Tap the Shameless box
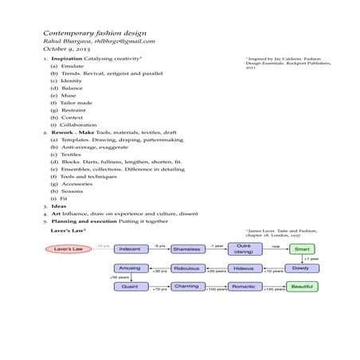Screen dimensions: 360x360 tap(186, 249)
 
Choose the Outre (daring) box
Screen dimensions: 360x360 tap(244, 249)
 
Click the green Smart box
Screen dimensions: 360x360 tap(301, 249)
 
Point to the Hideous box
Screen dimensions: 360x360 tap(244, 269)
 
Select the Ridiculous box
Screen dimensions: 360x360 tap(186, 269)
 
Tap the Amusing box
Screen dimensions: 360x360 tap(129, 269)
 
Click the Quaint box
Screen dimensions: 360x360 tap(129, 287)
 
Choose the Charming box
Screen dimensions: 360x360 tap(186, 287)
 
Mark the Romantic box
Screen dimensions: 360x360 tap(244, 287)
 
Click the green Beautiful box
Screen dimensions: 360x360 tap(301, 287)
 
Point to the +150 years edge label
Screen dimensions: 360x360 tap(273, 290)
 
